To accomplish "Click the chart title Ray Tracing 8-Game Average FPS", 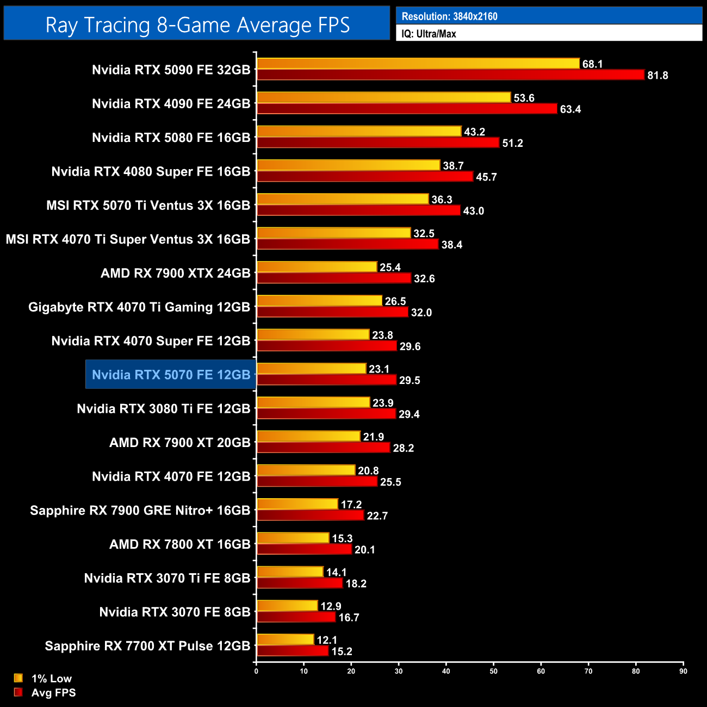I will click(x=197, y=25).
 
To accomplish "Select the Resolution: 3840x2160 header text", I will click(x=449, y=16).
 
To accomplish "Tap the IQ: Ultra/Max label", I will click(x=429, y=34).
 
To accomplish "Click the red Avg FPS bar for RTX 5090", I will click(x=450, y=75).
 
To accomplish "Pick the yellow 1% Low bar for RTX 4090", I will click(x=383, y=98).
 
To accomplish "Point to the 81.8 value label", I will click(x=658, y=76).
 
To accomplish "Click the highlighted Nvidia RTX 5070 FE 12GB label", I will click(x=171, y=375).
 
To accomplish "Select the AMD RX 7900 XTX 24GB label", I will click(x=175, y=273).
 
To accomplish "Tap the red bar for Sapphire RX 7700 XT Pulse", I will click(x=293, y=651).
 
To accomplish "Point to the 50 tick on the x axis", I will click(x=493, y=671).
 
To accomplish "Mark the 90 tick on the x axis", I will click(x=683, y=671).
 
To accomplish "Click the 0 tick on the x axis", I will click(x=256, y=671).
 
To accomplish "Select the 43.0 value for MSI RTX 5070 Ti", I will click(x=473, y=211).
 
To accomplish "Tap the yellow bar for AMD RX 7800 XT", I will click(x=293, y=538).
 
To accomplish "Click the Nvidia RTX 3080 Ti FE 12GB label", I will click(x=163, y=408).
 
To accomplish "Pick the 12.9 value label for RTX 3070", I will click(x=331, y=606).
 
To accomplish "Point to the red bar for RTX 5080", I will click(x=378, y=142).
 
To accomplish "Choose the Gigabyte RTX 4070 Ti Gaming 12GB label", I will click(x=139, y=307).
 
